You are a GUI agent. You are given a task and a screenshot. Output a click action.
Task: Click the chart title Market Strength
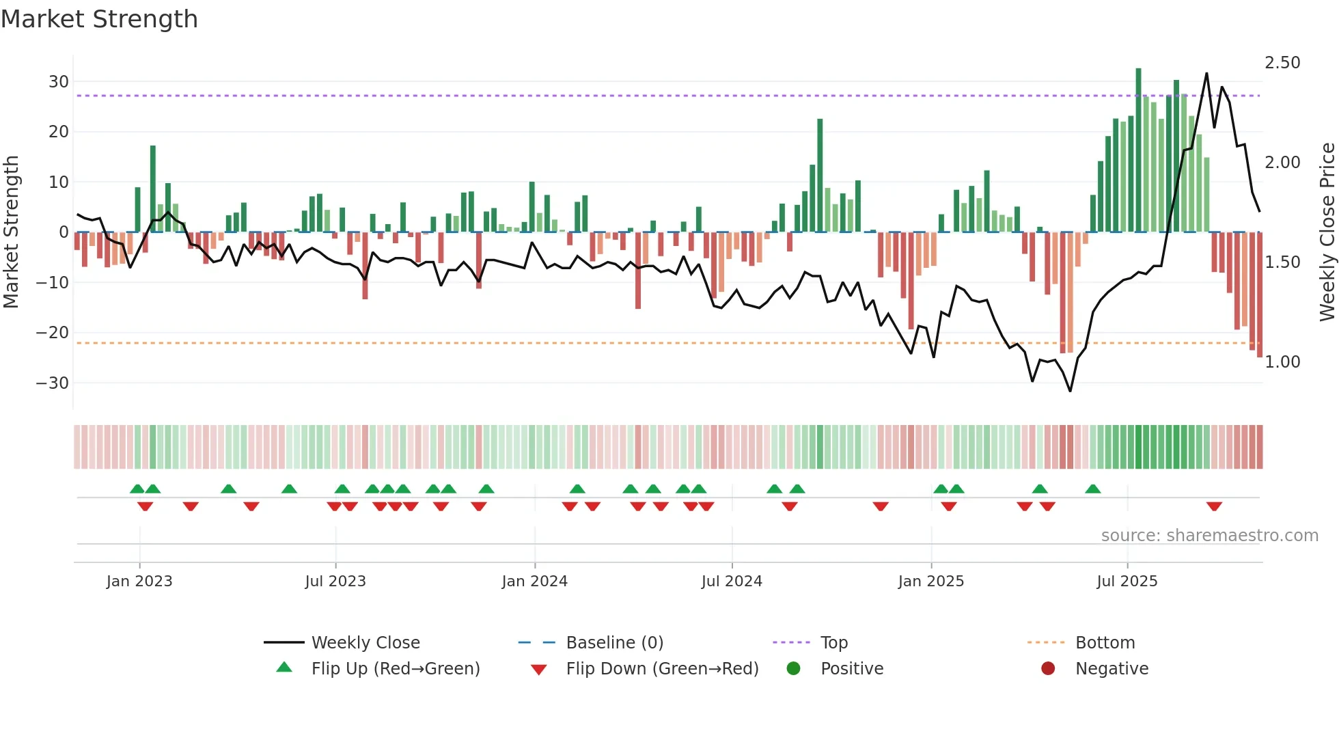tap(100, 19)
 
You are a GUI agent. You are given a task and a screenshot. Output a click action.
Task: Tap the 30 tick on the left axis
tap(59, 82)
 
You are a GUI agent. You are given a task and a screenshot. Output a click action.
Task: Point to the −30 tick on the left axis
tap(53, 383)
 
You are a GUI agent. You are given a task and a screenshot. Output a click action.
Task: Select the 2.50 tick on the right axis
tap(1282, 63)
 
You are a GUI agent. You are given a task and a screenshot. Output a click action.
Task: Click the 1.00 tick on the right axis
tap(1282, 362)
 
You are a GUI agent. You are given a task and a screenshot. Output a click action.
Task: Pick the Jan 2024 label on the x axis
tap(534, 581)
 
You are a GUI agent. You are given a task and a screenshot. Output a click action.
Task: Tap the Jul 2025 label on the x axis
tap(1127, 581)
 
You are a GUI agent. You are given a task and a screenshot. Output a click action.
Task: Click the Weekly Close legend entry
tap(365, 643)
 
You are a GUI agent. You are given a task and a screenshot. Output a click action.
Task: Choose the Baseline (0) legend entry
tap(614, 643)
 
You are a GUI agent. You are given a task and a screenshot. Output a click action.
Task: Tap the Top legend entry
tap(833, 643)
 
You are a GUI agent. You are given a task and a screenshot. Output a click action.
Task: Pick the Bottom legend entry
tap(1105, 643)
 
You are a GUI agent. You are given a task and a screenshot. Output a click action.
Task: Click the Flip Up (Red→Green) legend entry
tap(395, 669)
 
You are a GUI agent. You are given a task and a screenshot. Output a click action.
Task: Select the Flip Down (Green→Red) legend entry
tap(661, 669)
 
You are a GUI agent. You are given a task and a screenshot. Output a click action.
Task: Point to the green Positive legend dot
tap(793, 669)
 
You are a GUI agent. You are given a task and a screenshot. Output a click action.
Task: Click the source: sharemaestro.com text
tap(1209, 536)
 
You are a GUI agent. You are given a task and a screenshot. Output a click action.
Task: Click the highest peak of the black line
tap(1206, 74)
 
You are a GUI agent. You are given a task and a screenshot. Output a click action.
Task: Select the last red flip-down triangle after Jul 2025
tap(1214, 506)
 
